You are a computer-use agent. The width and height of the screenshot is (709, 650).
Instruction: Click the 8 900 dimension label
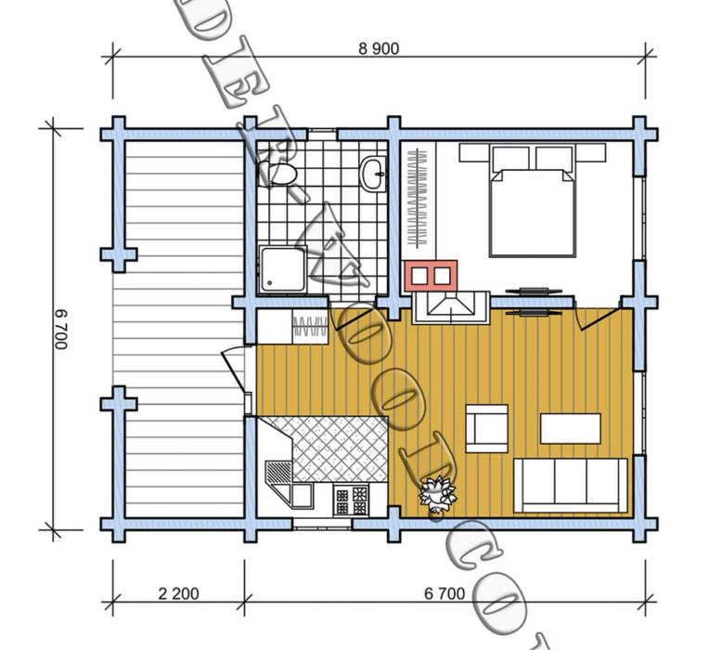[379, 49]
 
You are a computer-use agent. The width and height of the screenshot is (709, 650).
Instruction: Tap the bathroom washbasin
[373, 173]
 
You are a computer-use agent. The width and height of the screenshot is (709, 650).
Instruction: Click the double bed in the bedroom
[531, 202]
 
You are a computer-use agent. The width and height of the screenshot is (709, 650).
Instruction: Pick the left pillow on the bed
[509, 158]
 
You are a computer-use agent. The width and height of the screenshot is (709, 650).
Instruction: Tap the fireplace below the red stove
[450, 305]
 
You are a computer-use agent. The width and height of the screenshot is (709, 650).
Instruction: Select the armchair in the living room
[486, 428]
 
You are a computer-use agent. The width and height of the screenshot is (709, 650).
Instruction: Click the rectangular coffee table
[569, 428]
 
